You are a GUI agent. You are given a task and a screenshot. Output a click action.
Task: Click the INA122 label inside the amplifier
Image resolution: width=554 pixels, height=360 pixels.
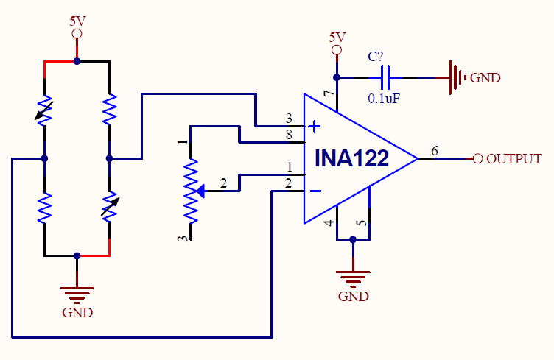pos(351,159)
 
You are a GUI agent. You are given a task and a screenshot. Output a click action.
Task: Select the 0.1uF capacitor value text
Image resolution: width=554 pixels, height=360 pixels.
pos(383,97)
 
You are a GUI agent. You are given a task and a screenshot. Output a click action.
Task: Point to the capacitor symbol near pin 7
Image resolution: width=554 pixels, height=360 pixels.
pos(386,76)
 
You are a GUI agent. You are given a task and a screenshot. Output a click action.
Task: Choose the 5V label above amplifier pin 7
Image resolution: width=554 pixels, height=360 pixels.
pos(337,37)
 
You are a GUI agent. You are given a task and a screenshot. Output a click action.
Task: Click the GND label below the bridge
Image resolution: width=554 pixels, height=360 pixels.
pos(77,312)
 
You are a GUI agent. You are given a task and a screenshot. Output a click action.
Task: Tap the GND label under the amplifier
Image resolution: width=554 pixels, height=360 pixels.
pos(353,297)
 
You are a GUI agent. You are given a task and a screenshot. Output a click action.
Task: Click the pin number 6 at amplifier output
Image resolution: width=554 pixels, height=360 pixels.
pos(435,151)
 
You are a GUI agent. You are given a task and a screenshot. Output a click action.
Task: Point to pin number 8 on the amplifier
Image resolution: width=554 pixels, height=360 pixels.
pos(289,135)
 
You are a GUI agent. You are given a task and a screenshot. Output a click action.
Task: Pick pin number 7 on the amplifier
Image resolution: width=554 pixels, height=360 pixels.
pos(329,93)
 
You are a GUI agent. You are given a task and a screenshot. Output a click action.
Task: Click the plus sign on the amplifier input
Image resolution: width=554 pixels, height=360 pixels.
pos(314,126)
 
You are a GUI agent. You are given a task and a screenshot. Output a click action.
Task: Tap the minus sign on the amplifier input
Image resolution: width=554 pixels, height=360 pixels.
pos(314,191)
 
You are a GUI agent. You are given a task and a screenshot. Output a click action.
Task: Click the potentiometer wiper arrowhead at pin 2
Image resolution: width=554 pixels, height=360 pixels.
pos(202,191)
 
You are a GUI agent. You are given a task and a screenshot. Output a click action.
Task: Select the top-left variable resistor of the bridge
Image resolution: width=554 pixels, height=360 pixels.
pos(45,110)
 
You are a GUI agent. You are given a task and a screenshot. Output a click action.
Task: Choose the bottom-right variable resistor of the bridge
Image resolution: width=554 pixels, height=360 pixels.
pos(109,207)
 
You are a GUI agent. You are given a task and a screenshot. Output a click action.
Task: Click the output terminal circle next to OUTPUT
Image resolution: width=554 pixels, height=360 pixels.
pos(477,158)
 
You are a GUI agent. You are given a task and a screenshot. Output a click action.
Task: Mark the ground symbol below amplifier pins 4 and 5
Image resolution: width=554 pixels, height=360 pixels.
pos(353,278)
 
